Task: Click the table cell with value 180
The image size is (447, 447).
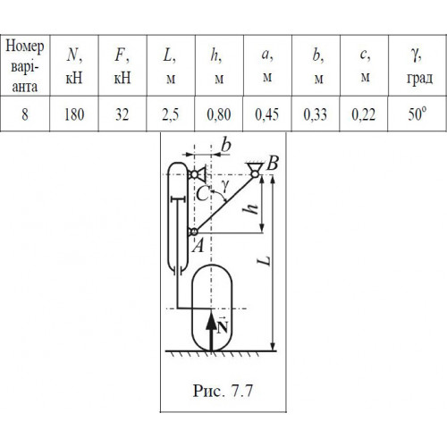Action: [x=74, y=114]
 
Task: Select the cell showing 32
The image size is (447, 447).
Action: [x=122, y=114]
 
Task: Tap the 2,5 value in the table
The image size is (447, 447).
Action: [x=171, y=114]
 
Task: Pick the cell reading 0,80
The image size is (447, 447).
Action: [x=219, y=114]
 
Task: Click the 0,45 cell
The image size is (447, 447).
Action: [x=267, y=114]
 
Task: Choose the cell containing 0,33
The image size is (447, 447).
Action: [x=316, y=114]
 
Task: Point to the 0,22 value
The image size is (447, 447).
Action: [x=364, y=114]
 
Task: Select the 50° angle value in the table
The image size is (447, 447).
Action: [x=417, y=114]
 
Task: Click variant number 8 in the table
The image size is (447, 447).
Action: [x=25, y=114]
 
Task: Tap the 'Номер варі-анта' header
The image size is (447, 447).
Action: [x=25, y=66]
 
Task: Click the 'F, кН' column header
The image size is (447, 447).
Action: [x=122, y=67]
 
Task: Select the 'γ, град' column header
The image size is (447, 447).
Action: [x=419, y=66]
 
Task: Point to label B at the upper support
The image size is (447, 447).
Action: [x=273, y=163]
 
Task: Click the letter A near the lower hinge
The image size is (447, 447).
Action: [x=198, y=246]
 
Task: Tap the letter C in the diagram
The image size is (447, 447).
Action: [x=203, y=195]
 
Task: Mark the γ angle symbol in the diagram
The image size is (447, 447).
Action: [x=225, y=186]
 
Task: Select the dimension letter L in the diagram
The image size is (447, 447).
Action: [x=265, y=260]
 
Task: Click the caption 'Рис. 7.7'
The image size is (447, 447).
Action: [x=223, y=391]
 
